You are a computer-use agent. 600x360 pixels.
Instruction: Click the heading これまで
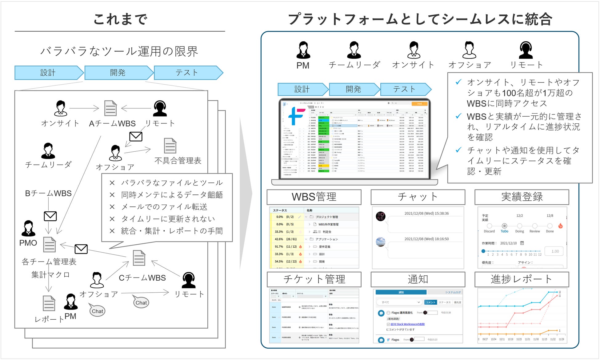120,19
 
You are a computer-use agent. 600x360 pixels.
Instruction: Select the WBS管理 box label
314,197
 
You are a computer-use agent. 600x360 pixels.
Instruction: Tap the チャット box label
418,197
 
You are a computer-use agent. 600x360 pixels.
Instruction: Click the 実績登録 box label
522,197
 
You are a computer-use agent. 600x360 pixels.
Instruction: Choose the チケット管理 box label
314,279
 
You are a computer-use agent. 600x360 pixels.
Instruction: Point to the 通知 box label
418,279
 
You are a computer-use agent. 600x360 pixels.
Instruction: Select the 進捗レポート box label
522,279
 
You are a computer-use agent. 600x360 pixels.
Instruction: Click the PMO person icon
28,228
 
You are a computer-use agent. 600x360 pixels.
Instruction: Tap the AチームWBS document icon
110,108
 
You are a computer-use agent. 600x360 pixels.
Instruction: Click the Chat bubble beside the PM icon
97,311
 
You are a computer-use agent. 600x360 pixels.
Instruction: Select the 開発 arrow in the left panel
118,73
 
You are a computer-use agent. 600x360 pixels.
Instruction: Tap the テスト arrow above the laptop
405,89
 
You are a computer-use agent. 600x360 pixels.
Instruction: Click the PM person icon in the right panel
303,50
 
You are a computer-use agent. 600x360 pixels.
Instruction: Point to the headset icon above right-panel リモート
526,50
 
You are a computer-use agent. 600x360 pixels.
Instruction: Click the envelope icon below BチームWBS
50,216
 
